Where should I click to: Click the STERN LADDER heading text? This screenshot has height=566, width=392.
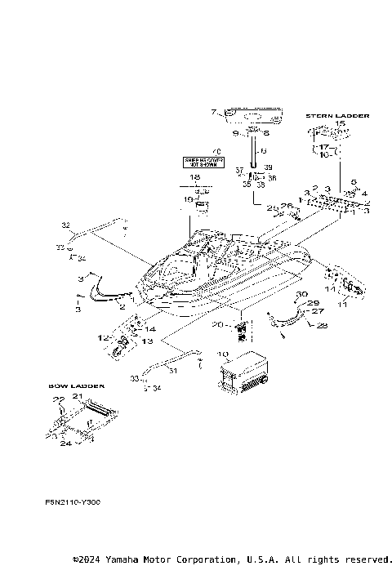336,116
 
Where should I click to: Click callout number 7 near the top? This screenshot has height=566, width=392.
214,112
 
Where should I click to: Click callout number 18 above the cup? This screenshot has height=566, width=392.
194,176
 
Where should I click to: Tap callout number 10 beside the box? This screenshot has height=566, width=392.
222,354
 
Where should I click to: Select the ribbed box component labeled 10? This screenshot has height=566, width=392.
243,372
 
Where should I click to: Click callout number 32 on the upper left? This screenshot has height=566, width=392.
66,223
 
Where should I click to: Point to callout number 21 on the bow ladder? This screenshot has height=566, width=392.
78,395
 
